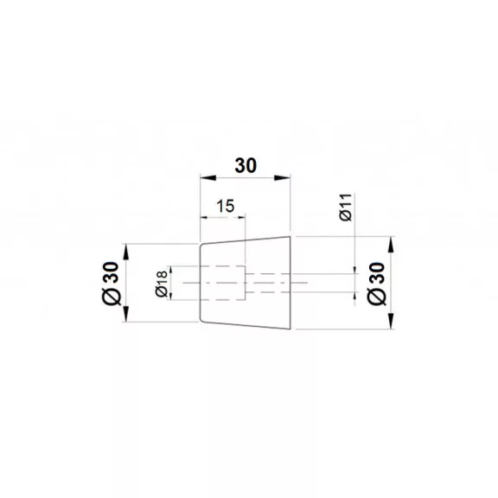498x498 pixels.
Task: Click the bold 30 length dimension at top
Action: pos(246,166)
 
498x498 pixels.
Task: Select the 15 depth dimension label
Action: pos(225,206)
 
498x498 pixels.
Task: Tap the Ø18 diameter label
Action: pos(162,284)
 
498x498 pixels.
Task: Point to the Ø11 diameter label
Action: pos(346,207)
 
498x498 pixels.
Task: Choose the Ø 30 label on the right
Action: pos(376,284)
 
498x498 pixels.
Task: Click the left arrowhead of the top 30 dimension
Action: pos(208,178)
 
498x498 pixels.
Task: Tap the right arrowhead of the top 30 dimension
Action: pos(283,178)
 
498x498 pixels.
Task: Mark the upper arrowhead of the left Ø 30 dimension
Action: pos(126,252)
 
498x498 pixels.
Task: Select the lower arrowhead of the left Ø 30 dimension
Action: pos(126,314)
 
